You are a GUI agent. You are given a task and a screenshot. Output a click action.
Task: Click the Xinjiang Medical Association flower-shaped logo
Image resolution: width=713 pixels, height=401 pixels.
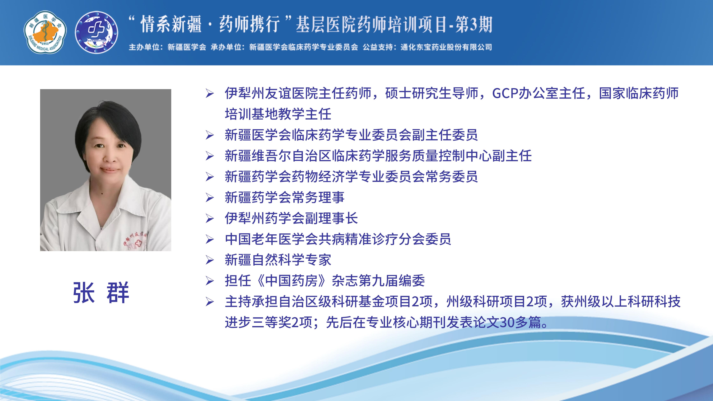[x=45, y=32]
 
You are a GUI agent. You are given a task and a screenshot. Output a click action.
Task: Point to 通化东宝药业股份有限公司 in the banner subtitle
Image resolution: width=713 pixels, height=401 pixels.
[x=446, y=47]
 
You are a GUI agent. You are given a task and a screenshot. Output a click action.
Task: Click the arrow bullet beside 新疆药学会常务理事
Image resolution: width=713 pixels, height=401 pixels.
[x=210, y=198]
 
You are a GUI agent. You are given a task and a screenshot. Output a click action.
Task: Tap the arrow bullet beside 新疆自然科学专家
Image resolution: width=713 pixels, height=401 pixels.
[x=210, y=260]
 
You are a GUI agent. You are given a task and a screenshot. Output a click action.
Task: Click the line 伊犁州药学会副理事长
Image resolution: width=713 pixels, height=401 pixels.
[x=291, y=218]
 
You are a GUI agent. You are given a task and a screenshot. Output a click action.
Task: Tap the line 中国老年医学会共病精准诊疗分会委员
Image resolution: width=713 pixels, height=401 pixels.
[x=338, y=239]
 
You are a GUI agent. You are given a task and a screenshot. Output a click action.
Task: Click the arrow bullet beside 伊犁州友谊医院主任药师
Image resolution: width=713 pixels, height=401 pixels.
[x=210, y=94]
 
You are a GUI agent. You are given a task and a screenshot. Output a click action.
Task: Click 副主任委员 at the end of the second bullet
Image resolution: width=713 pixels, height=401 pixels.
[x=445, y=135]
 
